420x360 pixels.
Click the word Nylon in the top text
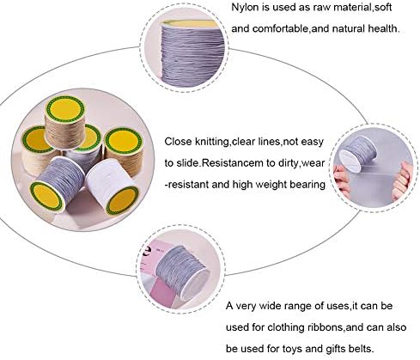246,8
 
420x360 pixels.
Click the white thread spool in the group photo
113,186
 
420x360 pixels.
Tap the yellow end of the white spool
122,200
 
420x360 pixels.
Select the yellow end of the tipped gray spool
46,197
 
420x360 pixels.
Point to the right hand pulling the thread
403,180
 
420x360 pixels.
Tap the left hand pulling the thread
341,180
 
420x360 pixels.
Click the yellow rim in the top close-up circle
189,23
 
